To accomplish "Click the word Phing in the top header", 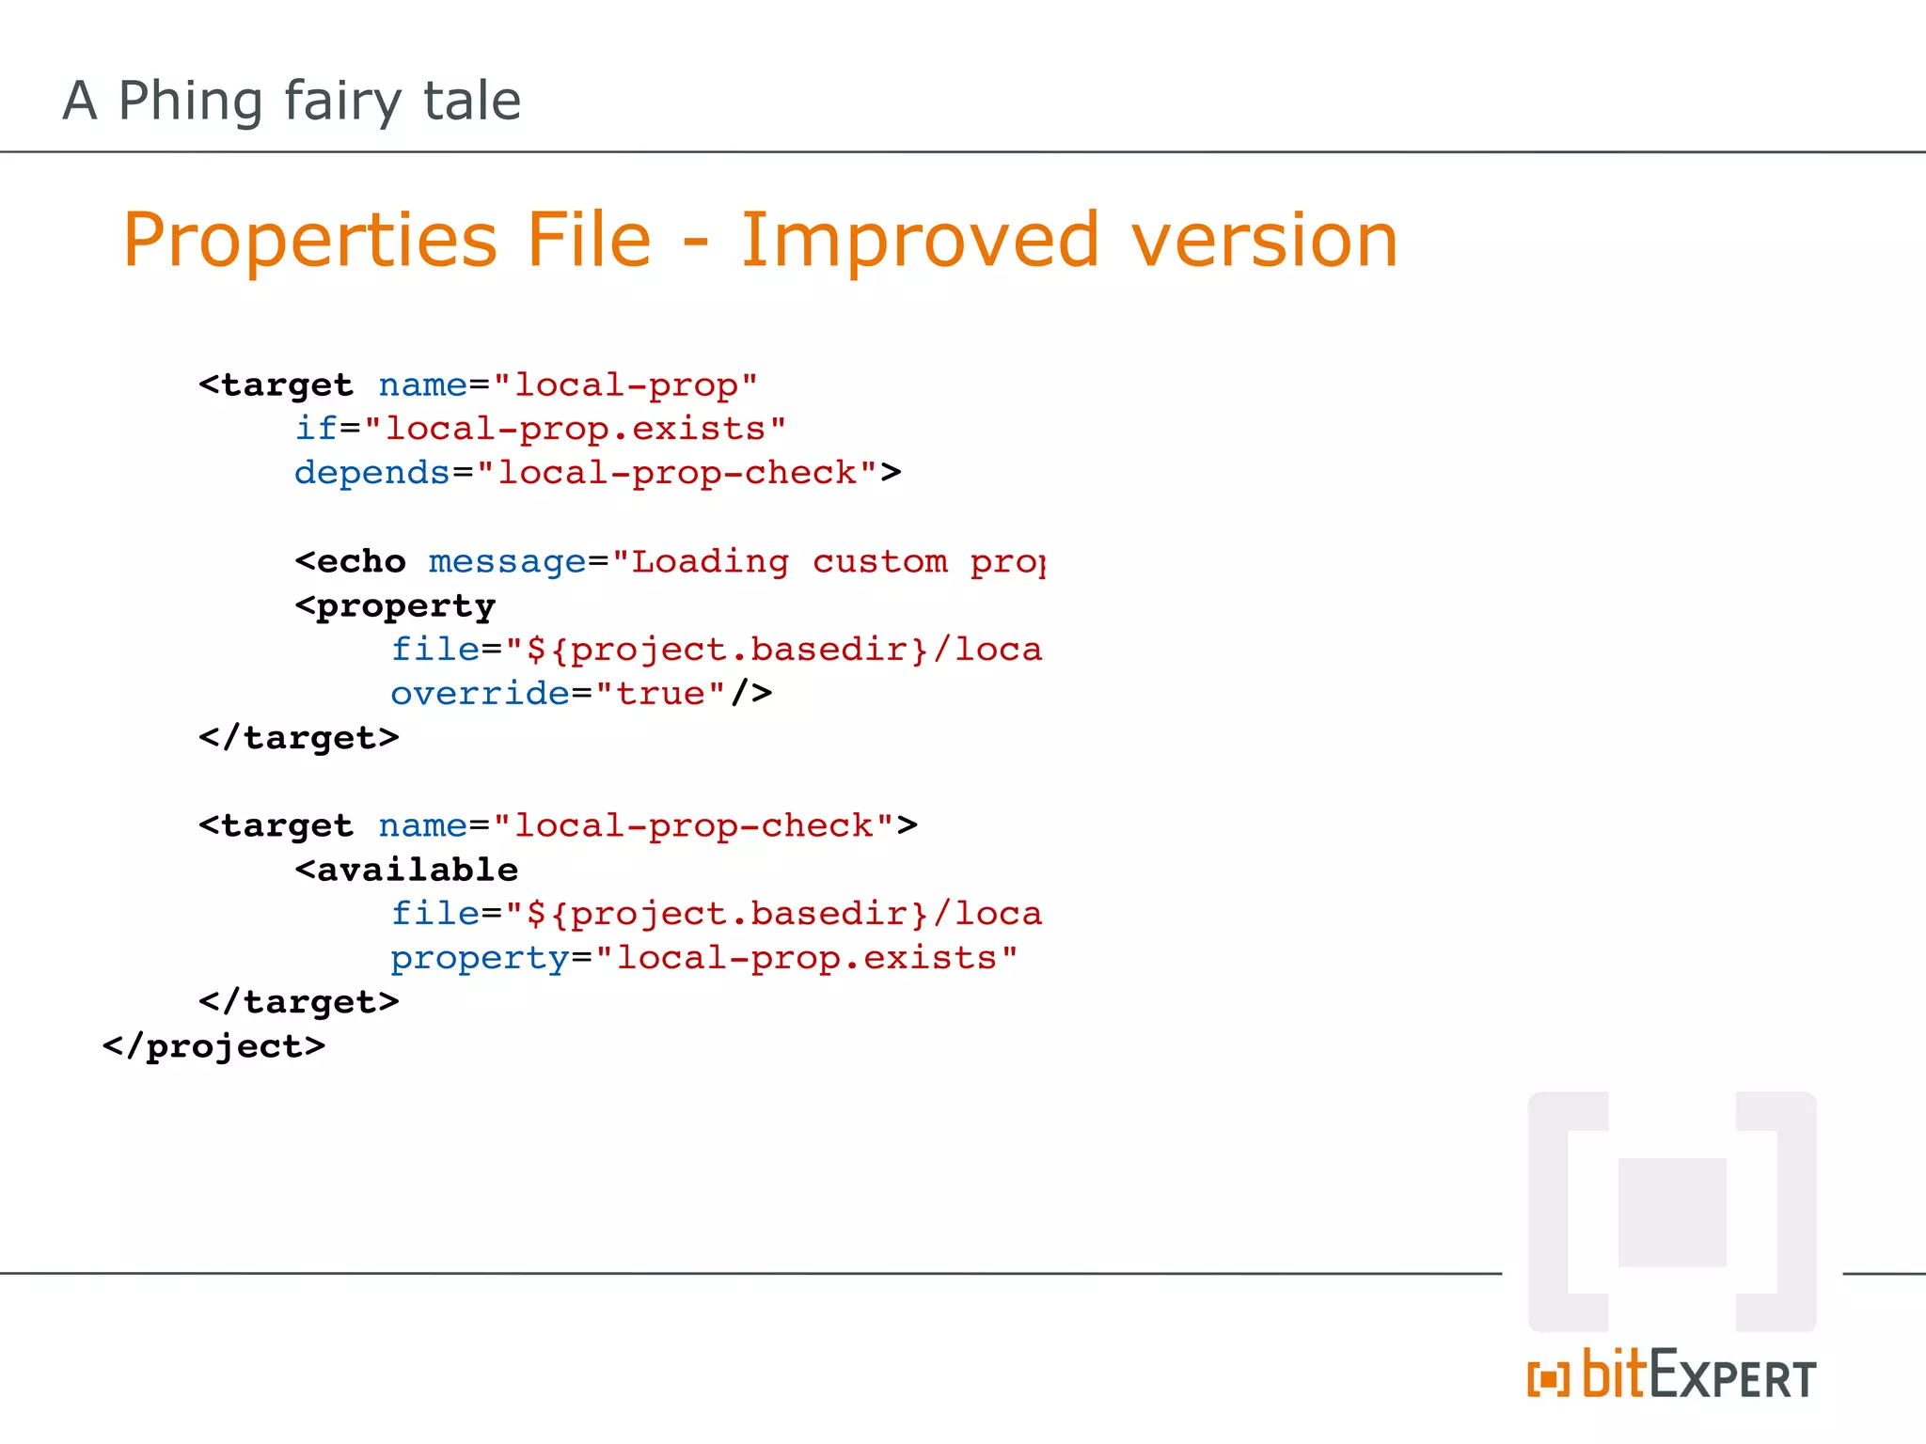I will tap(190, 102).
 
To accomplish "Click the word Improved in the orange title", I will tap(920, 241).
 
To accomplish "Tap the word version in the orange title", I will tap(1265, 241).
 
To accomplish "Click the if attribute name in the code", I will tap(315, 429).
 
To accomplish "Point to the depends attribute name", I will tap(371, 473).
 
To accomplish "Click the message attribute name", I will tap(508, 562).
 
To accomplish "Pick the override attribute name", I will tap(480, 694).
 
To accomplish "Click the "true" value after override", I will tap(660, 694).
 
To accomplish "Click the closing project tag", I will tap(213, 1046).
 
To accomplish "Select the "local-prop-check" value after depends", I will tap(677, 473).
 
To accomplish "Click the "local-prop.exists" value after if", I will tap(575, 429).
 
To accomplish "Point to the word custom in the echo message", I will tap(879, 562).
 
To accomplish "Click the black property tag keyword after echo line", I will tap(395, 606).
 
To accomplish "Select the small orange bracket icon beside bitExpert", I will tap(1548, 1379).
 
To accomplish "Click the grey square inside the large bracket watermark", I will tap(1672, 1212).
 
